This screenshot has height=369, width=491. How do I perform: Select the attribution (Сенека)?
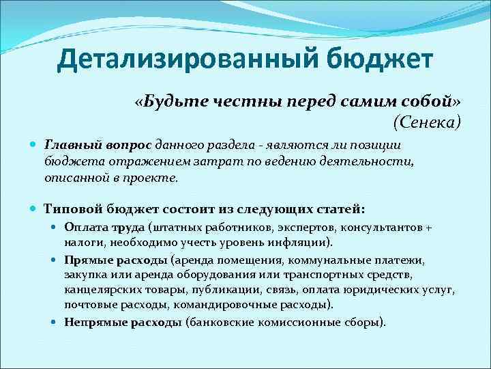(x=427, y=122)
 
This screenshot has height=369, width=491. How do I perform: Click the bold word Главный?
(x=73, y=145)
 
